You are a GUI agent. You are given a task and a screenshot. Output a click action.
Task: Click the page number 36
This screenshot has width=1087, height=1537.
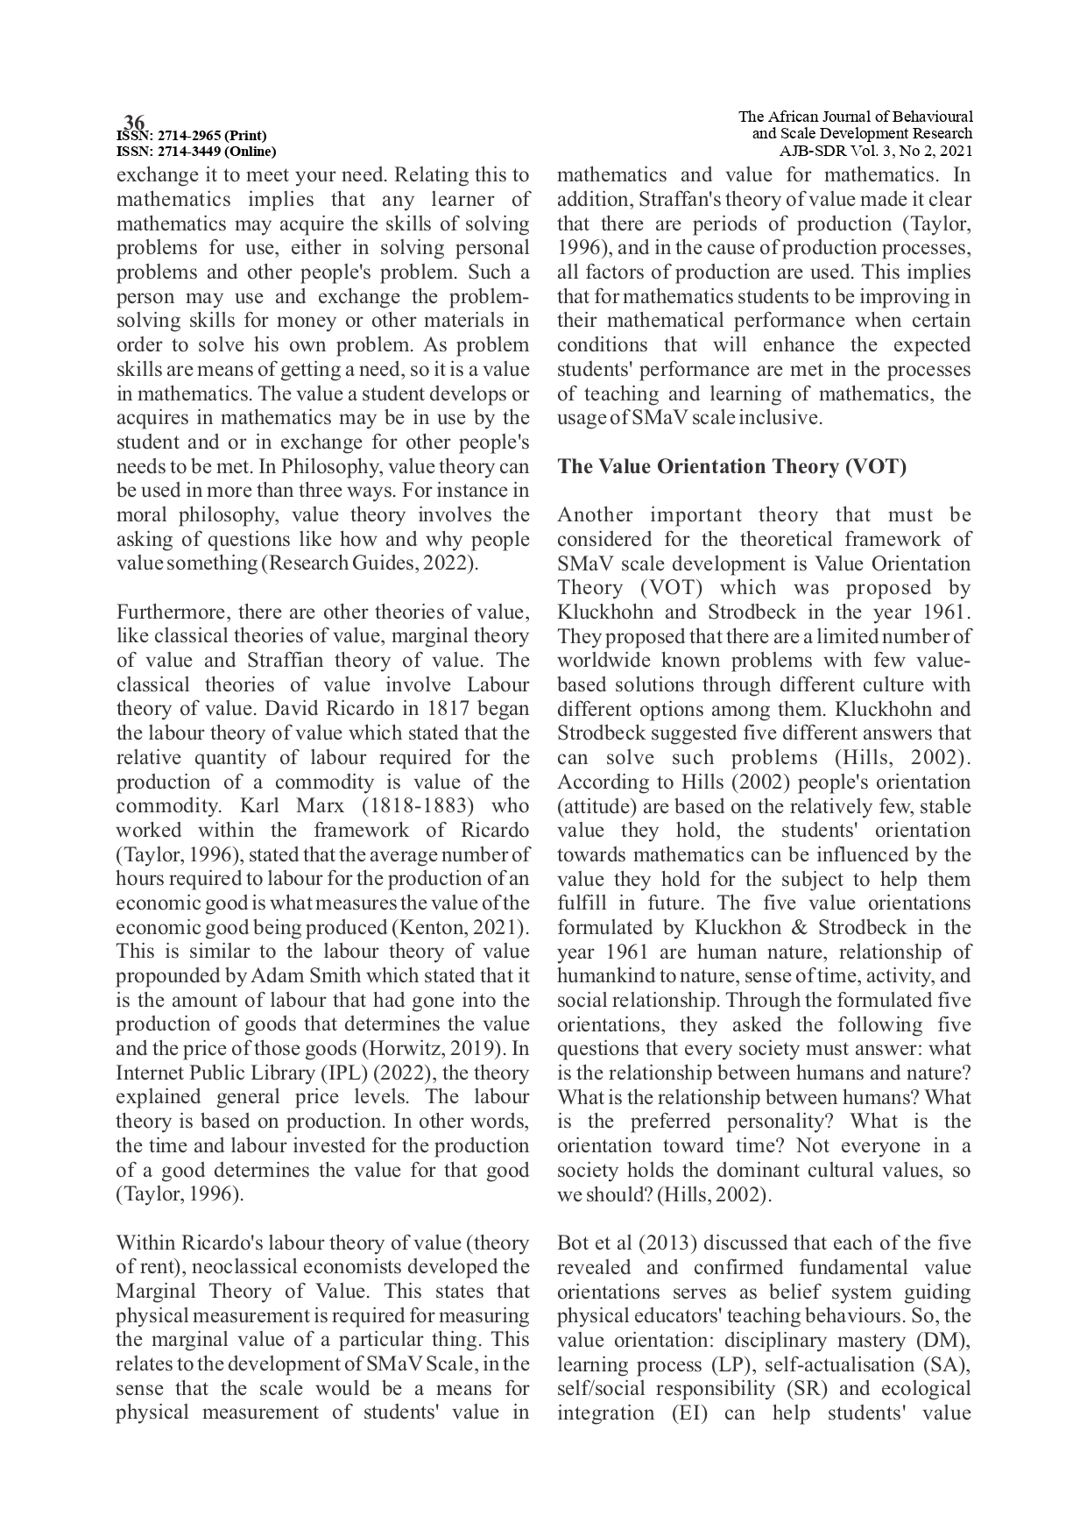tap(134, 121)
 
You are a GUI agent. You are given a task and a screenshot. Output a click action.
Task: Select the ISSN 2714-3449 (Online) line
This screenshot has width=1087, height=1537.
tap(196, 151)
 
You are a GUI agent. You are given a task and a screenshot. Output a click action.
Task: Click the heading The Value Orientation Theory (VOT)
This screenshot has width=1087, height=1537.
tap(731, 466)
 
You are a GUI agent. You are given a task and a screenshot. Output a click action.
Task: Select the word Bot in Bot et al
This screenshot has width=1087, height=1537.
tap(572, 1243)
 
